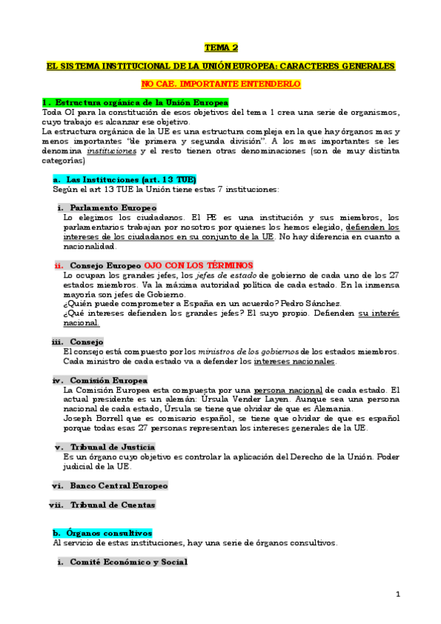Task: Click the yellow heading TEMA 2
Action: click(220, 48)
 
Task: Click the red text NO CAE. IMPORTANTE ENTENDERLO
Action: click(220, 84)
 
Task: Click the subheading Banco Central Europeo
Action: click(119, 486)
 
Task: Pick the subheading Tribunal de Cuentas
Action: click(113, 505)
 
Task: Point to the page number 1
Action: click(398, 594)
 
